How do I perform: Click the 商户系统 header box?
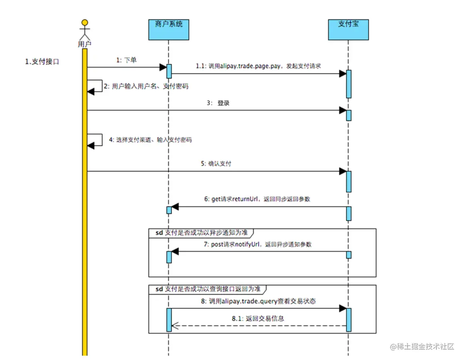[x=169, y=29]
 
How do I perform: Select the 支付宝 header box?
[x=348, y=29]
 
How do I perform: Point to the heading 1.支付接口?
[x=42, y=62]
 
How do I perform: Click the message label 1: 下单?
[x=127, y=60]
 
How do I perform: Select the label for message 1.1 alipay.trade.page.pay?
[x=258, y=66]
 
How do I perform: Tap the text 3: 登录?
[x=218, y=103]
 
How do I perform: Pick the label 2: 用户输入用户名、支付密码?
[x=146, y=86]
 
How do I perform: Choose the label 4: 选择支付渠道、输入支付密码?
[x=150, y=140]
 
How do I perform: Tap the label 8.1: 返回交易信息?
[x=258, y=319]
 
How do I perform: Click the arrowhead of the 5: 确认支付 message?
[x=343, y=172]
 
